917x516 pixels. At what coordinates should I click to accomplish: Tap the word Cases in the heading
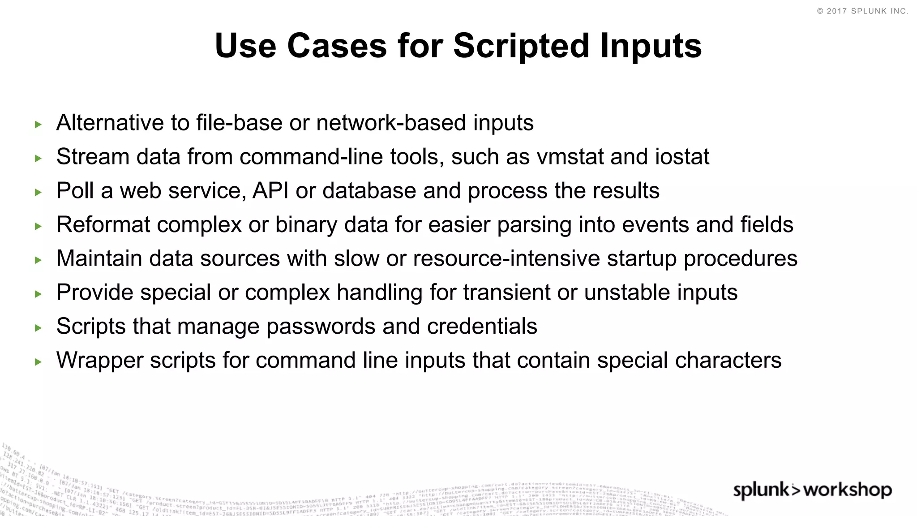pos(337,46)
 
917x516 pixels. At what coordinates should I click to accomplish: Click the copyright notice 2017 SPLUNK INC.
pos(862,11)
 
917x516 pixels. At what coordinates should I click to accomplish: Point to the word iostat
pos(682,157)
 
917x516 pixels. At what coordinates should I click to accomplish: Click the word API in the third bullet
pos(270,191)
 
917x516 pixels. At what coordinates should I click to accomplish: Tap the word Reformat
pos(103,225)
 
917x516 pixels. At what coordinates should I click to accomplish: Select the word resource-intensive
pos(506,258)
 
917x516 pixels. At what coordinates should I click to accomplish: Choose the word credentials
pos(482,327)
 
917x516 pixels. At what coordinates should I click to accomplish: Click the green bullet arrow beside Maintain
pos(38,260)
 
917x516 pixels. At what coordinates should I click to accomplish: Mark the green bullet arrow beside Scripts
pos(38,328)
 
